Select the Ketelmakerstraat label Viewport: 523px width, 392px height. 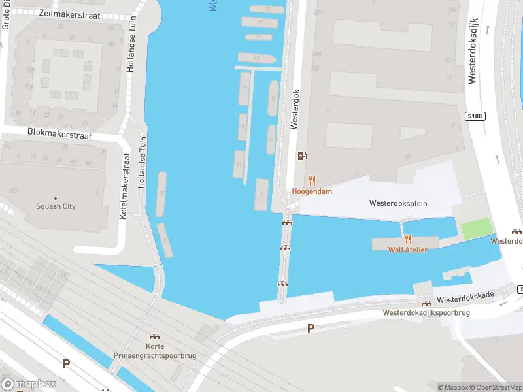pos(122,186)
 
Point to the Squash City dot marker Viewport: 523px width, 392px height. pos(56,198)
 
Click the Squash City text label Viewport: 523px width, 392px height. pos(56,207)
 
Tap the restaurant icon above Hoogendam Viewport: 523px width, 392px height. pos(312,180)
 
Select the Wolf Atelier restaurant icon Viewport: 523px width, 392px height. pos(409,239)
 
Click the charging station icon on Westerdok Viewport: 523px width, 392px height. pos(302,155)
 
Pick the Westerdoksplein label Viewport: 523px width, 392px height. pos(397,203)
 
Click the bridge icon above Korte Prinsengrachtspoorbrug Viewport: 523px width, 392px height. pos(156,335)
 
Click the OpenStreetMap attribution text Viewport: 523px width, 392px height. pos(495,387)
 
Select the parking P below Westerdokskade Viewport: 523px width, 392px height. pos(311,329)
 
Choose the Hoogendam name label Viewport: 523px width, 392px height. pos(312,192)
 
